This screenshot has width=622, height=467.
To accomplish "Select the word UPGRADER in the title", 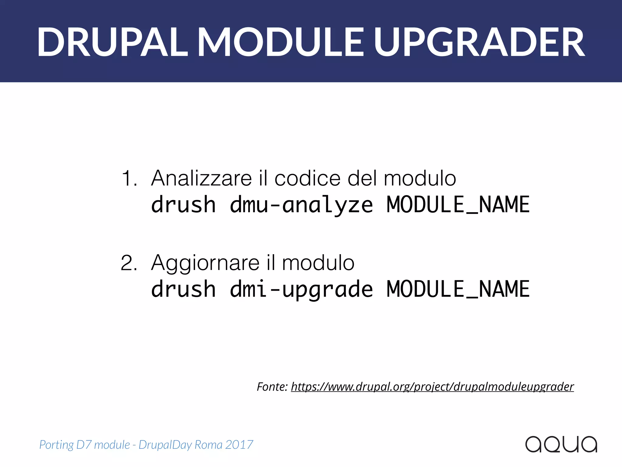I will pos(479,42).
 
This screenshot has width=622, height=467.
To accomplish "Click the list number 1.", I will pos(129,178).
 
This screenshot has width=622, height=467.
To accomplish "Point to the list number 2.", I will pos(129,263).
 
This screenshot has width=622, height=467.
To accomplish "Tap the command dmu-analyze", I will pos(301,205).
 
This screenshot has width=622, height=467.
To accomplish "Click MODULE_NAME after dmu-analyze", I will pos(458,205).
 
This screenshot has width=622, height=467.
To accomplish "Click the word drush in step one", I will pos(183,205).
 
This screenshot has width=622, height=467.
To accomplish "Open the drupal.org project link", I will pos(432,387).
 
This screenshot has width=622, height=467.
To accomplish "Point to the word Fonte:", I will pos(272,387).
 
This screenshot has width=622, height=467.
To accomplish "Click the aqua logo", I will pos(561,444).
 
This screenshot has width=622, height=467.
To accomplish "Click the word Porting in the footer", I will pos(56,445).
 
